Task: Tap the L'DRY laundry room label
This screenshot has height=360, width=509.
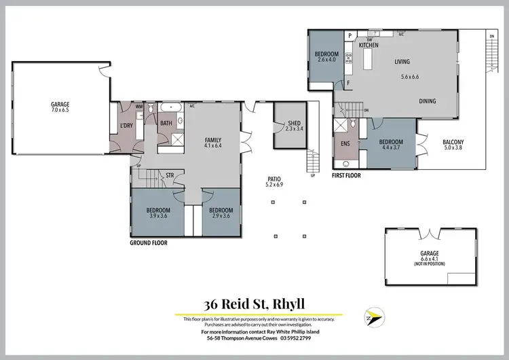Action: coord(126,126)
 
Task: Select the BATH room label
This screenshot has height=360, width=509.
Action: coord(166,123)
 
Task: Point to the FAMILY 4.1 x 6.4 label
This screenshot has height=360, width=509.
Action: coord(213,143)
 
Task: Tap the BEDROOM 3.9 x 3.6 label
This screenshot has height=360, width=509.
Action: coord(158,213)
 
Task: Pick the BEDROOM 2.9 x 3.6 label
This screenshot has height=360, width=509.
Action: coord(221,213)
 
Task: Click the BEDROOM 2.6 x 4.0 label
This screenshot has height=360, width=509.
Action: coord(326,56)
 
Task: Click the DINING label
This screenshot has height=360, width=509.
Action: coord(427,101)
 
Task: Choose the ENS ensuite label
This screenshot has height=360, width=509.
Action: coord(344,144)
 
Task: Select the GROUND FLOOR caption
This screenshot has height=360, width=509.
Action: coord(148,242)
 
